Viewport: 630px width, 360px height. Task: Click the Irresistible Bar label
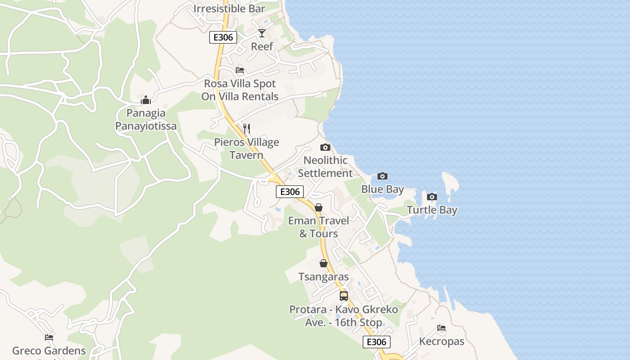tap(229, 9)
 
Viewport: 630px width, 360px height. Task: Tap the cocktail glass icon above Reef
tap(262, 33)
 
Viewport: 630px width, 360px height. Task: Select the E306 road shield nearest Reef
tap(223, 37)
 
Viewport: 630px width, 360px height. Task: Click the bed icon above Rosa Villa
tap(240, 70)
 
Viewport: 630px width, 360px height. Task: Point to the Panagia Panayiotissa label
tap(146, 119)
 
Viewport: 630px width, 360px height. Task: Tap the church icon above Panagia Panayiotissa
tap(146, 100)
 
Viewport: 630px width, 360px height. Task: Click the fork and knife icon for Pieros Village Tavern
tap(246, 129)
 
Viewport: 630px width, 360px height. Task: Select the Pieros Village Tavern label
tap(246, 148)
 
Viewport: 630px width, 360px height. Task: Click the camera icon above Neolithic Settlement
tap(325, 147)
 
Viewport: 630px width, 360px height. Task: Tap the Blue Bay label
tap(382, 189)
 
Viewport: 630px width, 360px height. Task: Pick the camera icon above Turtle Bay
tap(432, 197)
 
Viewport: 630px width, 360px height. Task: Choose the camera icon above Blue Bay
tap(382, 176)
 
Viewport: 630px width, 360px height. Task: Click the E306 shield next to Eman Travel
tap(290, 192)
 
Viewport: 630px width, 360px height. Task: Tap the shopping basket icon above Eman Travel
tap(319, 207)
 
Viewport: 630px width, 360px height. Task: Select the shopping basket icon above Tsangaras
tap(324, 263)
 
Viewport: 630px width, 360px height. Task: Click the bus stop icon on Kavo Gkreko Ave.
tap(344, 296)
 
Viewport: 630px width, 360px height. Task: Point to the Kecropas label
tap(441, 342)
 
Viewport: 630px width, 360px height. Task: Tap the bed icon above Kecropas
tap(441, 328)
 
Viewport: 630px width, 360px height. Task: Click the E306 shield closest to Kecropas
tap(377, 342)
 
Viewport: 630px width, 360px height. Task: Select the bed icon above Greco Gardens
tap(49, 337)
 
